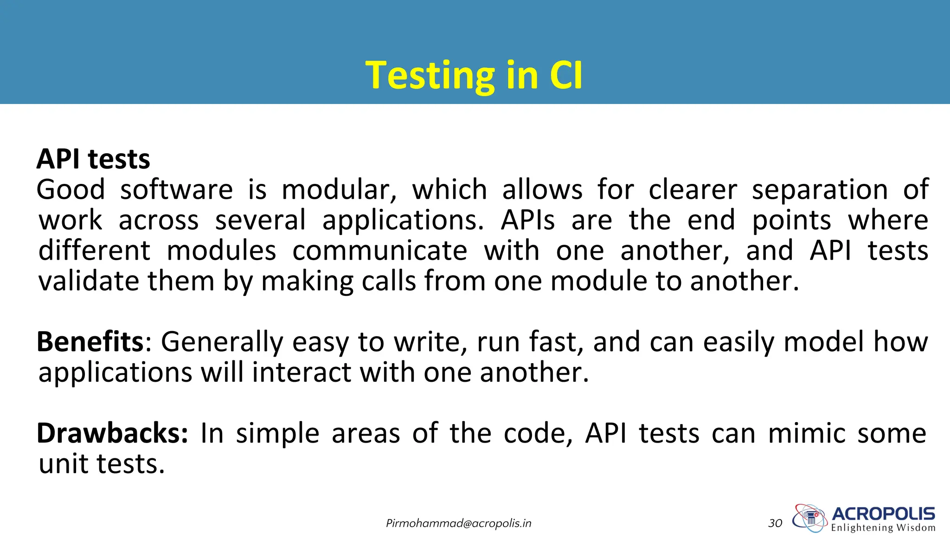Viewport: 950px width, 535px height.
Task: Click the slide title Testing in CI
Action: click(474, 75)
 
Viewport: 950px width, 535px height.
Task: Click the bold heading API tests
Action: click(93, 159)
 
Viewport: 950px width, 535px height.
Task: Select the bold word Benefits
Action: click(90, 342)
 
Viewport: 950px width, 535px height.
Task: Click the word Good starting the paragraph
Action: click(71, 190)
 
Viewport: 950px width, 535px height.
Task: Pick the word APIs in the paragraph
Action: click(527, 220)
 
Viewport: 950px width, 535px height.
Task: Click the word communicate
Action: click(379, 251)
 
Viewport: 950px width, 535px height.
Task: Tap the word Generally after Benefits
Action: click(222, 342)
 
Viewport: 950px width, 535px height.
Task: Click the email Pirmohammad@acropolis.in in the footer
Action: click(458, 523)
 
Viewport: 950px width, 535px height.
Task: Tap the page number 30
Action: click(775, 523)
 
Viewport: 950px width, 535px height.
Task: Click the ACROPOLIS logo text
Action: click(883, 514)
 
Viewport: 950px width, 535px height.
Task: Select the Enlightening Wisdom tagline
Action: click(883, 528)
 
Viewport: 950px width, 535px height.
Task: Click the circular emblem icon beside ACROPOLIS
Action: click(810, 518)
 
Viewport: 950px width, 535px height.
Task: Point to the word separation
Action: click(820, 190)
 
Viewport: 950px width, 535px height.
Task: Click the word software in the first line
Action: click(176, 190)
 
